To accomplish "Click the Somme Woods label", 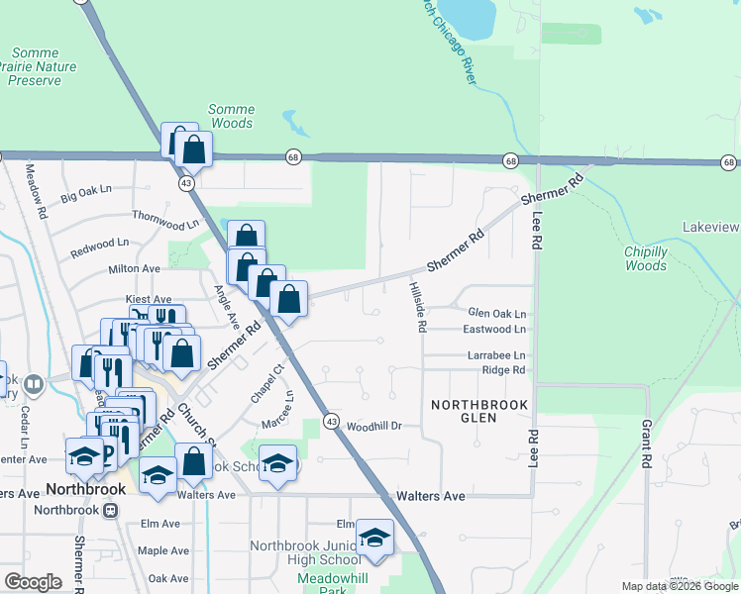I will [x=232, y=116].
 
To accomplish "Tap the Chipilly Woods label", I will [x=646, y=258].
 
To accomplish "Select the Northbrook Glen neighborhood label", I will [x=478, y=411].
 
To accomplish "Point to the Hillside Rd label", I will [x=417, y=305].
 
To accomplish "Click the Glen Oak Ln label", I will [x=496, y=311].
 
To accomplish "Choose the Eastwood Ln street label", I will [x=494, y=329].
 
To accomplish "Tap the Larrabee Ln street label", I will [x=496, y=355].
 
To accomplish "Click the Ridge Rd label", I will [x=502, y=370].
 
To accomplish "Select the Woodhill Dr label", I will [x=372, y=426].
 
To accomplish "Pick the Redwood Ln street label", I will [x=99, y=247].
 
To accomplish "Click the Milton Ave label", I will [x=134, y=268].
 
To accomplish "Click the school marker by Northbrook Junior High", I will [x=374, y=537].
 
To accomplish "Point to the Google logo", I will [x=33, y=582].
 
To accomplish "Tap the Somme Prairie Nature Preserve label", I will [x=35, y=66].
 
